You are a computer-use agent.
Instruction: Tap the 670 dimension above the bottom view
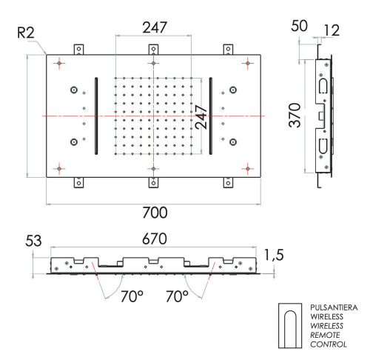152,240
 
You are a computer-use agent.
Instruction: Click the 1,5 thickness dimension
273,255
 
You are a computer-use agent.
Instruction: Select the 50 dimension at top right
300,26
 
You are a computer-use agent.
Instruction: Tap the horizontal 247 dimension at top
153,27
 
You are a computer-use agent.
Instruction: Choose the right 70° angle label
177,297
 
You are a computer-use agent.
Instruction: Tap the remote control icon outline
289,325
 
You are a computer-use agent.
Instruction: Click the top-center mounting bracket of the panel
153,50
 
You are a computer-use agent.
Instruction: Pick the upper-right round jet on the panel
234,90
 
